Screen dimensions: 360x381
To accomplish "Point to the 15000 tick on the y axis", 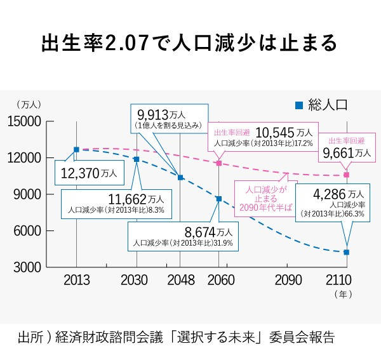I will tap(23, 121).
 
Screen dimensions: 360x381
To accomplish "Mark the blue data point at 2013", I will tap(76, 149).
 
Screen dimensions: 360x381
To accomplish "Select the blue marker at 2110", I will tap(347, 252).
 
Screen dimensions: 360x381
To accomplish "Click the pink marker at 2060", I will tap(219, 163).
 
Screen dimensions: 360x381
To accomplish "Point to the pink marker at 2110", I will tap(347, 175).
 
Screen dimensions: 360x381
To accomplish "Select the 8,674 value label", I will tap(194, 232).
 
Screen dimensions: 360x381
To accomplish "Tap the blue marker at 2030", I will tap(136, 159).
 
